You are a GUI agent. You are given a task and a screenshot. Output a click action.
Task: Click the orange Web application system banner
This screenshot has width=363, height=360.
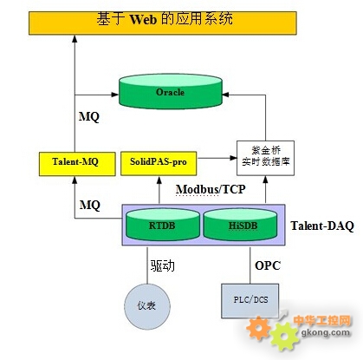tap(163, 23)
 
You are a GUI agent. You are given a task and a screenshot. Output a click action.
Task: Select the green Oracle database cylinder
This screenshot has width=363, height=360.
tap(171, 91)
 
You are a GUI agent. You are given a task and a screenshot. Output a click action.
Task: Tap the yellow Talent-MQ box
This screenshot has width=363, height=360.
tap(77, 164)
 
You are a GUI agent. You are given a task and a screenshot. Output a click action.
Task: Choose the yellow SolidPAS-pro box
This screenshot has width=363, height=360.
tap(159, 163)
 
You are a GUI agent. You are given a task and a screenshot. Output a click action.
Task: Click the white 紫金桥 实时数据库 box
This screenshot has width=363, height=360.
tap(265, 158)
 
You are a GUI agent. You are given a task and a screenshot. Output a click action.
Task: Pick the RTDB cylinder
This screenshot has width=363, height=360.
tap(163, 225)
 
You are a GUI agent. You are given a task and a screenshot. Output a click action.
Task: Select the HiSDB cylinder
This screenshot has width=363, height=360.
tap(240, 225)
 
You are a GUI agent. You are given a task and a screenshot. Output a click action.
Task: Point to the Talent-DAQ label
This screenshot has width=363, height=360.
tap(322, 226)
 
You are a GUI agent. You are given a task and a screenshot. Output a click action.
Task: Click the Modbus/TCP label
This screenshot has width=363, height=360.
tap(211, 189)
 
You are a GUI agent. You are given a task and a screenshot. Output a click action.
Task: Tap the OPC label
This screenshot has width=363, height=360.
tap(268, 265)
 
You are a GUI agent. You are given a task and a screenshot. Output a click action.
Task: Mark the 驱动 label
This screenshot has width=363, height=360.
tap(162, 265)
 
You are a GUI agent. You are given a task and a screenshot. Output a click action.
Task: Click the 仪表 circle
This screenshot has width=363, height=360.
tap(147, 306)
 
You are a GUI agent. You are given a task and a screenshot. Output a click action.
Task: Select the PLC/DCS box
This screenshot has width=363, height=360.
tap(250, 301)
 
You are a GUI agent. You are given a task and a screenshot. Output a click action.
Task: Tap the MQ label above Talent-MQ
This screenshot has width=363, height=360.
tap(89, 117)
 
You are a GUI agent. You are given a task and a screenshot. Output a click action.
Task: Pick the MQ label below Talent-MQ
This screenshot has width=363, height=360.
tap(89, 205)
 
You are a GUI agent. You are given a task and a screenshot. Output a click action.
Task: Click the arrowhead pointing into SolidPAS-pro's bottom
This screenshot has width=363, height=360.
tap(159, 180)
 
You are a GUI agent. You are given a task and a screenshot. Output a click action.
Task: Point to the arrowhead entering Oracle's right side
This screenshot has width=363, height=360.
tap(226, 95)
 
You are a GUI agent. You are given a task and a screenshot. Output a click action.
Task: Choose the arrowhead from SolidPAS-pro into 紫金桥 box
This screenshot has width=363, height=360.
tap(233, 158)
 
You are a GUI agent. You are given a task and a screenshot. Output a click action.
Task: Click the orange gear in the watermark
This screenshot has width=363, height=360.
tap(258, 328)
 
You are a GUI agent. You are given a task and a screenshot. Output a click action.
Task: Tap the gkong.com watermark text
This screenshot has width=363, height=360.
tap(326, 332)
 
